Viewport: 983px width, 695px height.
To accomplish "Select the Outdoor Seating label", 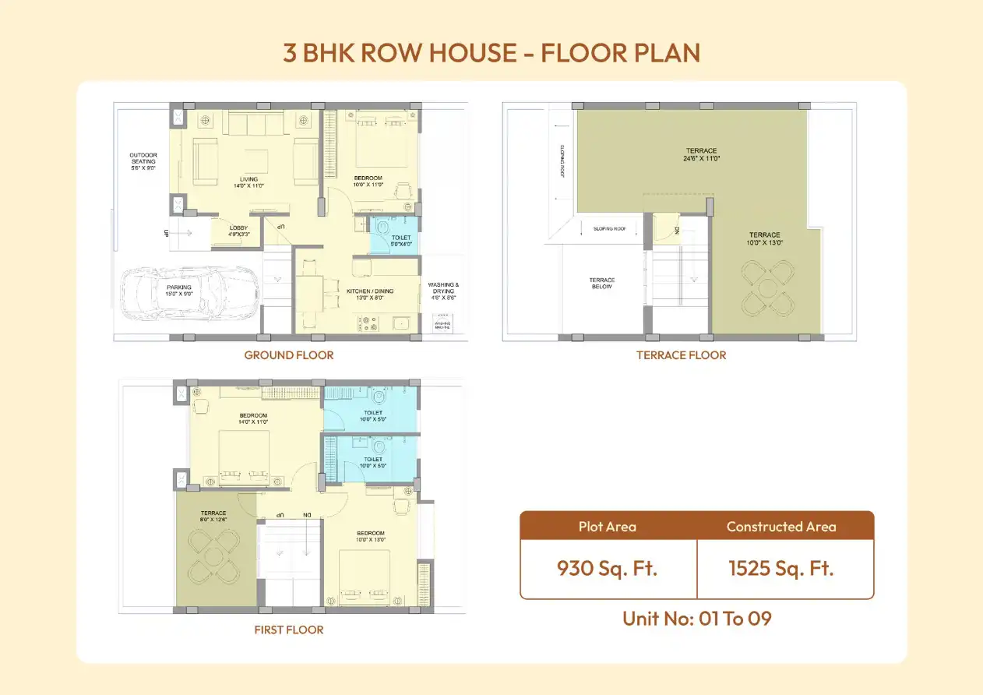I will [143, 161].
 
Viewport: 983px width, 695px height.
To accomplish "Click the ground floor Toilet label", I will [401, 240].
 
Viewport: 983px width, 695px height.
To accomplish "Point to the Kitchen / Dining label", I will [370, 295].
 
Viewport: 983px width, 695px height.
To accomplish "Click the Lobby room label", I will [238, 231].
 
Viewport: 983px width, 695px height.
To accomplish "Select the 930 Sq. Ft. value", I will [608, 568].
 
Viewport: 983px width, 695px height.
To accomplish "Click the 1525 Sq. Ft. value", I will [781, 568].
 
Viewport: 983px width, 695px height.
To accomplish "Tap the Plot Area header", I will [608, 527].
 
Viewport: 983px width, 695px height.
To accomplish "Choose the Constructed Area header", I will [781, 527].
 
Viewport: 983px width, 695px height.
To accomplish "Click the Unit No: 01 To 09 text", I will [696, 619].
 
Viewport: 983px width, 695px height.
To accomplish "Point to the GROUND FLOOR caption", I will [289, 355].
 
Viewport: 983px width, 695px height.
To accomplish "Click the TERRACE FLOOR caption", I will [681, 355].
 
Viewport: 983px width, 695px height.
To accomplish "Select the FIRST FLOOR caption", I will [289, 630].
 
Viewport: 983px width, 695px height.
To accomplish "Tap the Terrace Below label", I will [602, 284].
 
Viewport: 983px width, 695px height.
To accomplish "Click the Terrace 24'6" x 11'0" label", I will [702, 154].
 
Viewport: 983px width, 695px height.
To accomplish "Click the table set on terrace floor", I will [767, 288].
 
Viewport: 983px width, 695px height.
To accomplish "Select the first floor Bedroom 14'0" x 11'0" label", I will [253, 418].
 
